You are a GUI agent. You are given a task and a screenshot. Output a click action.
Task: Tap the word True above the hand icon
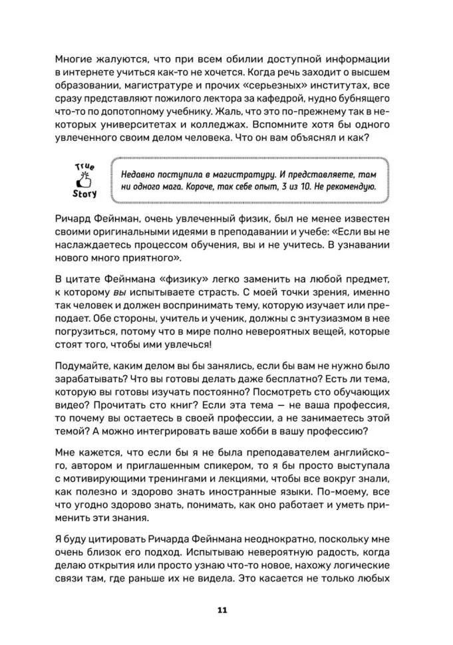click(x=84, y=166)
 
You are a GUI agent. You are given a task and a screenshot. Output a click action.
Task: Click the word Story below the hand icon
click(x=84, y=194)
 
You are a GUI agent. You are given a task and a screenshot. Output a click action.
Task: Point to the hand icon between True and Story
click(x=84, y=180)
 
